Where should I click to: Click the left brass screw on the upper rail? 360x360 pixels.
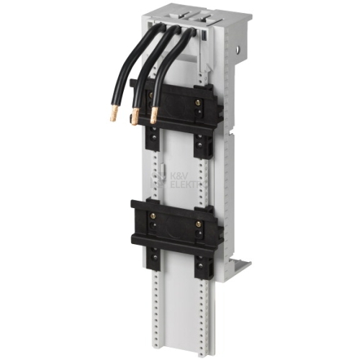(x=152, y=94)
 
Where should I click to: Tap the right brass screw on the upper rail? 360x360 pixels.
(x=198, y=102)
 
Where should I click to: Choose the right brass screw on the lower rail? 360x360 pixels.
(x=198, y=224)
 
